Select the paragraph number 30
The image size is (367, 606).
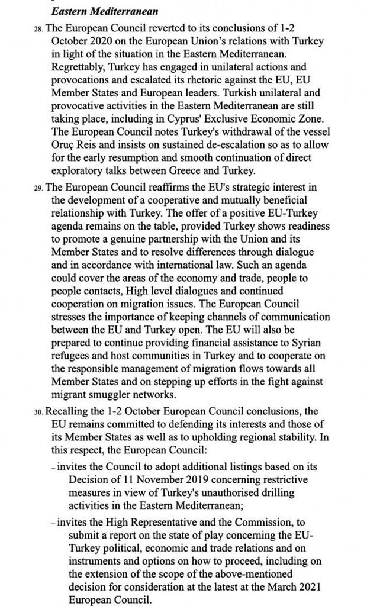click(x=39, y=411)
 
